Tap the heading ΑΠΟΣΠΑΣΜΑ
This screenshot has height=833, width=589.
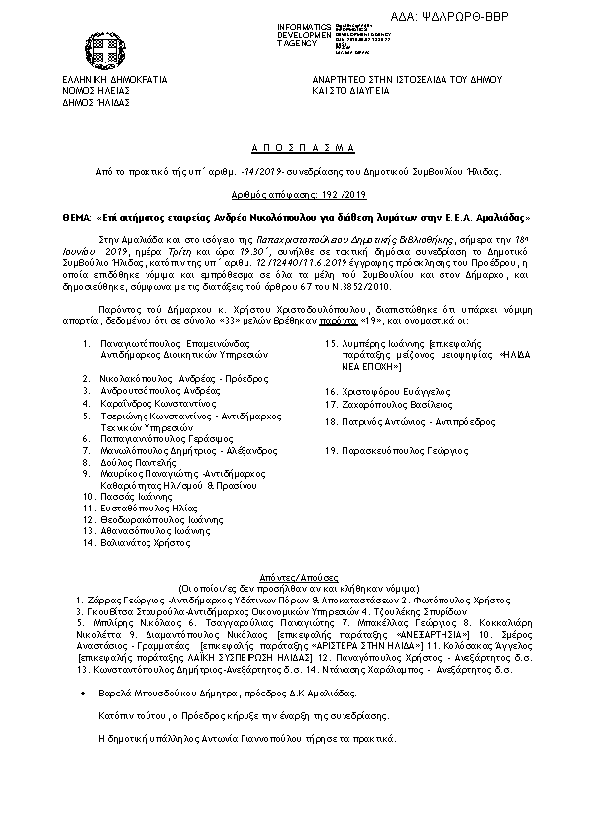[x=294, y=147]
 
